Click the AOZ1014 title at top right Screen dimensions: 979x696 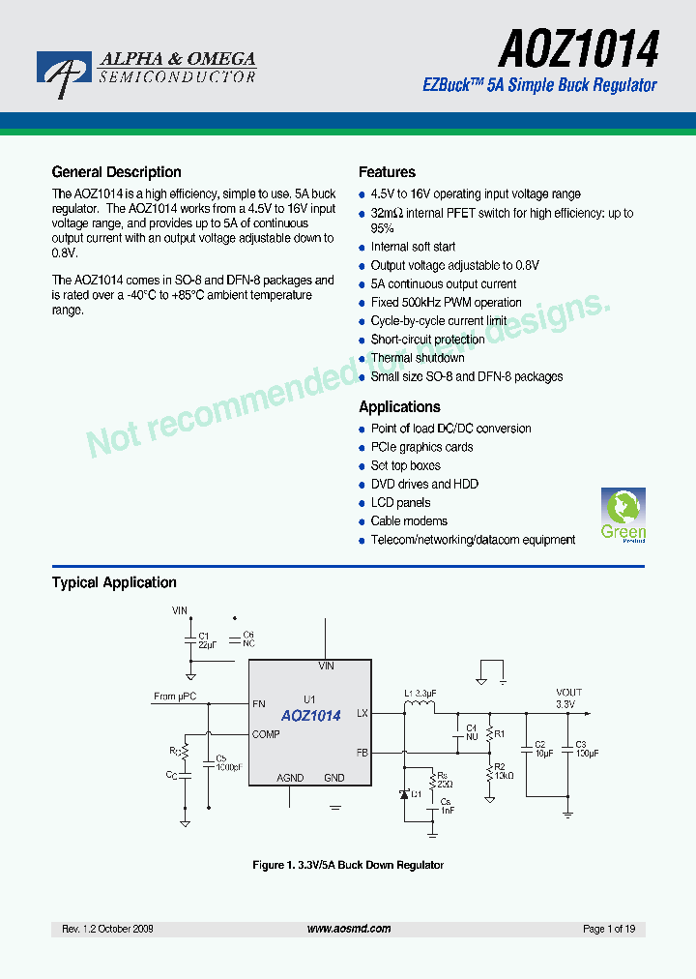(x=578, y=46)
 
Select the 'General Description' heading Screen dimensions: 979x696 (x=116, y=172)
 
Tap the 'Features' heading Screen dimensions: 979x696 (x=387, y=172)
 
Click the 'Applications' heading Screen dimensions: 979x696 (x=399, y=407)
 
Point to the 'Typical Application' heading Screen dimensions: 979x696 (x=114, y=582)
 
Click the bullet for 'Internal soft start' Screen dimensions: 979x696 (x=362, y=248)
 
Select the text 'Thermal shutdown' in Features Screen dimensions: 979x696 (x=418, y=358)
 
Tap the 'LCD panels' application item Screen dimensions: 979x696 (x=400, y=503)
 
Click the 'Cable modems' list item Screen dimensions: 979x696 (x=409, y=521)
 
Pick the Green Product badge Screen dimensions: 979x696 (x=623, y=516)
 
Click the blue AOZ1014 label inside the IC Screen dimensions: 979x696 (x=310, y=716)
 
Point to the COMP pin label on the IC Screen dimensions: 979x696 (x=266, y=734)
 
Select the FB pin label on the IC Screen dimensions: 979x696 (x=362, y=752)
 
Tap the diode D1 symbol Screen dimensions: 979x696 (x=405, y=794)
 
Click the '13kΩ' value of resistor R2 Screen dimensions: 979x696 (x=504, y=776)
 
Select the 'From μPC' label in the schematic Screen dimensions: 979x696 (x=174, y=697)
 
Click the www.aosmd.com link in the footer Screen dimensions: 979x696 (x=349, y=929)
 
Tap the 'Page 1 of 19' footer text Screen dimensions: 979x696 (x=609, y=929)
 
